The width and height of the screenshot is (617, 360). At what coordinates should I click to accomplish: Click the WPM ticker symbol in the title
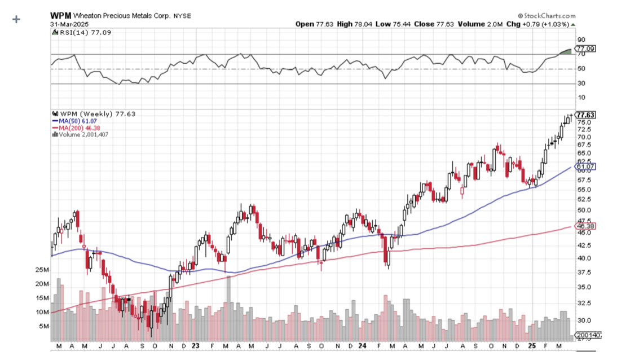[60, 16]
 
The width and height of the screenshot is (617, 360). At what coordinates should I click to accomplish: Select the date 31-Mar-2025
[69, 24]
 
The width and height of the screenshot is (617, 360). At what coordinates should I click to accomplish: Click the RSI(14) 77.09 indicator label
[80, 33]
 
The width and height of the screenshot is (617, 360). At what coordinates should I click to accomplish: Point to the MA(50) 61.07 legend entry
[72, 121]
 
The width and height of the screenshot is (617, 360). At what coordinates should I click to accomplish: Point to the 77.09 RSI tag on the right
[585, 49]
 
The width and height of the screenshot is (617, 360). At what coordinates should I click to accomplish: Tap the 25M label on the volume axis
[42, 270]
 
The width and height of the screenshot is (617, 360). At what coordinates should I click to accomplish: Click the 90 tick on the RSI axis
[581, 40]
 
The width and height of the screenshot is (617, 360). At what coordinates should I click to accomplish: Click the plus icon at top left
[16, 19]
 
